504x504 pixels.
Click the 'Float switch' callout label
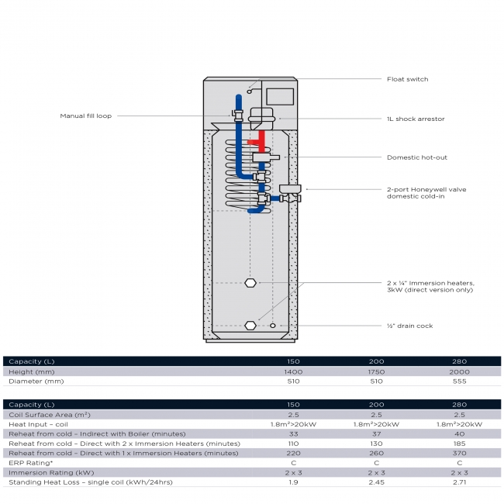tap(407, 79)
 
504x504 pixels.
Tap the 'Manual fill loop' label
tap(86, 116)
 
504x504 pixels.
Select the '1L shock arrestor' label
tap(416, 119)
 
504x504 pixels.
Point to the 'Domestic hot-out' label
tap(417, 157)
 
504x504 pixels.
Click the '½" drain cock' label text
tap(410, 326)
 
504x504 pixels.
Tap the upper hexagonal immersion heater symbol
tap(250, 282)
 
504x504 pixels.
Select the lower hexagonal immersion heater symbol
tap(250, 326)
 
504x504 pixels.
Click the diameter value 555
tap(460, 381)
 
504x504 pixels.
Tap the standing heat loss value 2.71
tap(460, 482)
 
